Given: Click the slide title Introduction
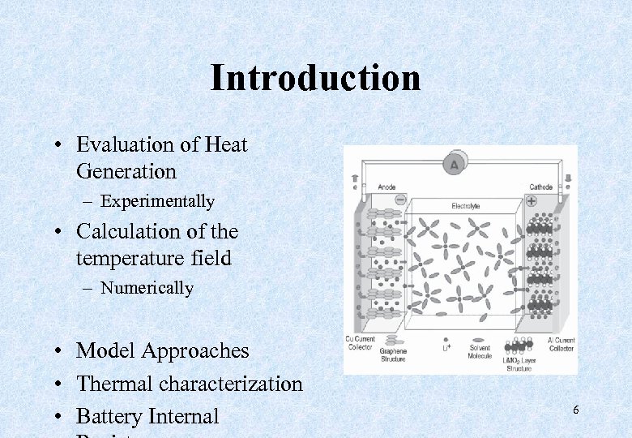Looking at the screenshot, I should (315, 78).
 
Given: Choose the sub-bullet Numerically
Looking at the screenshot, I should (147, 288).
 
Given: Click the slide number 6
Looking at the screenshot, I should (576, 410).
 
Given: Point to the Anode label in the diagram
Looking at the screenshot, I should (387, 187).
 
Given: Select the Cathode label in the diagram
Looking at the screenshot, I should (540, 187).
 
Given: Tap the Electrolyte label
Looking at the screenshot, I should (465, 207).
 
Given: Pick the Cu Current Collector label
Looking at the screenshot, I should (361, 344).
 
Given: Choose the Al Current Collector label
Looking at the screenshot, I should (561, 344).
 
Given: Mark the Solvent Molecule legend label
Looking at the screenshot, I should (480, 352).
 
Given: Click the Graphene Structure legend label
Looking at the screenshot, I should (393, 354).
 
